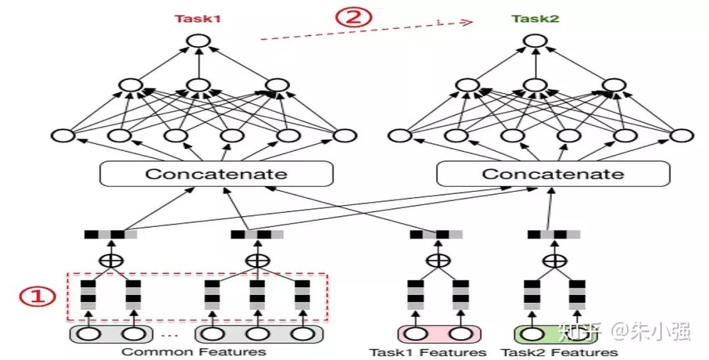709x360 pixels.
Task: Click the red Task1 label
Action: tap(197, 19)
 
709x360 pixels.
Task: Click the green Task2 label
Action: tap(536, 19)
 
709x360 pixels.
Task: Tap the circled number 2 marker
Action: tap(354, 17)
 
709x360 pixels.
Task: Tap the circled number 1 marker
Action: tap(36, 297)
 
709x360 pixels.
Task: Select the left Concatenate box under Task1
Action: tap(216, 174)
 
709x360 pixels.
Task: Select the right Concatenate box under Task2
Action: tap(553, 174)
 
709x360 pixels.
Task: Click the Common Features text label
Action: tap(194, 351)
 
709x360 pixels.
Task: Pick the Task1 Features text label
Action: tap(427, 352)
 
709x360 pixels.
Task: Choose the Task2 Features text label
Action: tap(560, 352)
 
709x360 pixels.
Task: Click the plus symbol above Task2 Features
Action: tap(555, 260)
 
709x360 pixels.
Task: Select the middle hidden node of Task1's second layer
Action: tap(197, 85)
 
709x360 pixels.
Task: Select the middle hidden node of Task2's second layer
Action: tap(536, 85)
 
